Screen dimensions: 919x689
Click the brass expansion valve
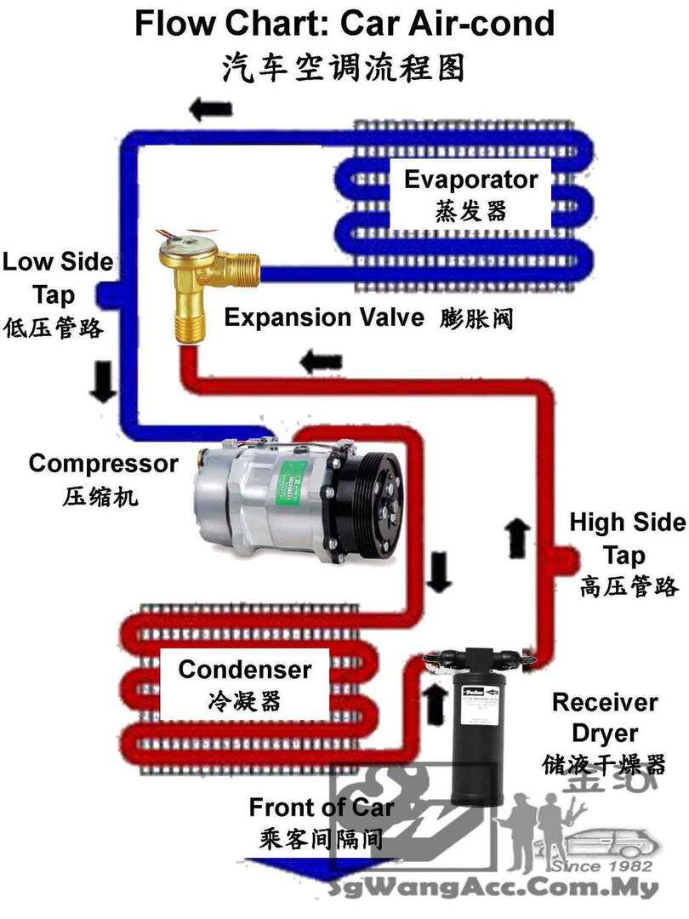coord(189,281)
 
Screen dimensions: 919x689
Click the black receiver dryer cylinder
coord(475,732)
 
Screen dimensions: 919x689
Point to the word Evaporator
coord(470,180)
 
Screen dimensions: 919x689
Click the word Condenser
coord(244,669)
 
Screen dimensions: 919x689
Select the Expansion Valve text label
coord(323,317)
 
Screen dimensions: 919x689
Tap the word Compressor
coord(103,464)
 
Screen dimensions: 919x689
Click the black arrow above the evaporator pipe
coord(210,109)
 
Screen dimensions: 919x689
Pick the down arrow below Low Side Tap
coord(105,380)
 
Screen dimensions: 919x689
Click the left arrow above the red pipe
coord(321,361)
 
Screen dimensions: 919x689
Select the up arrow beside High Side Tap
coord(517,537)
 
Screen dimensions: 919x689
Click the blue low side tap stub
coord(106,294)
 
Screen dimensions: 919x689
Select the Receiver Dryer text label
coord(604,717)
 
